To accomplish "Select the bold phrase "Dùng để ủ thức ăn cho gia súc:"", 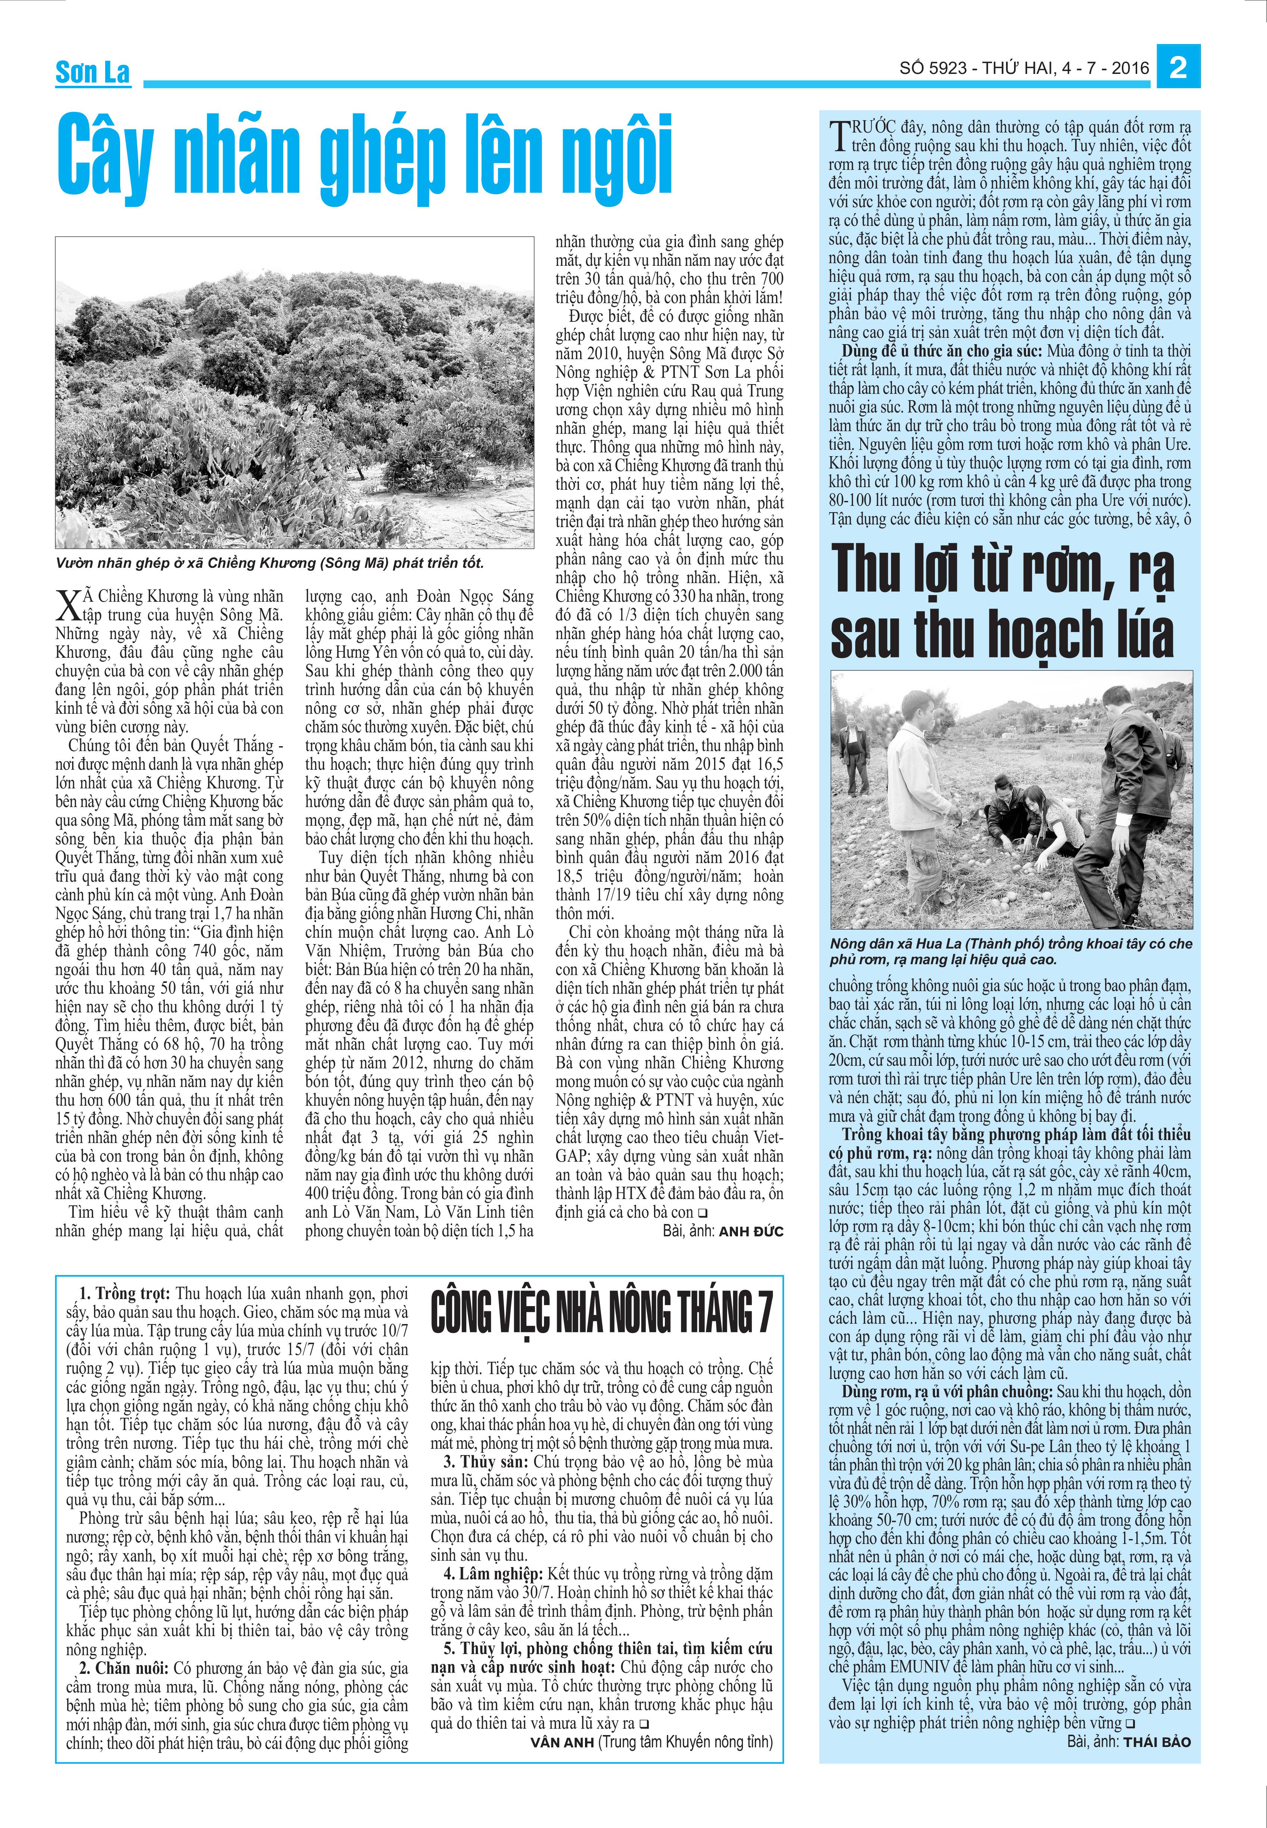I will [942, 351].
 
